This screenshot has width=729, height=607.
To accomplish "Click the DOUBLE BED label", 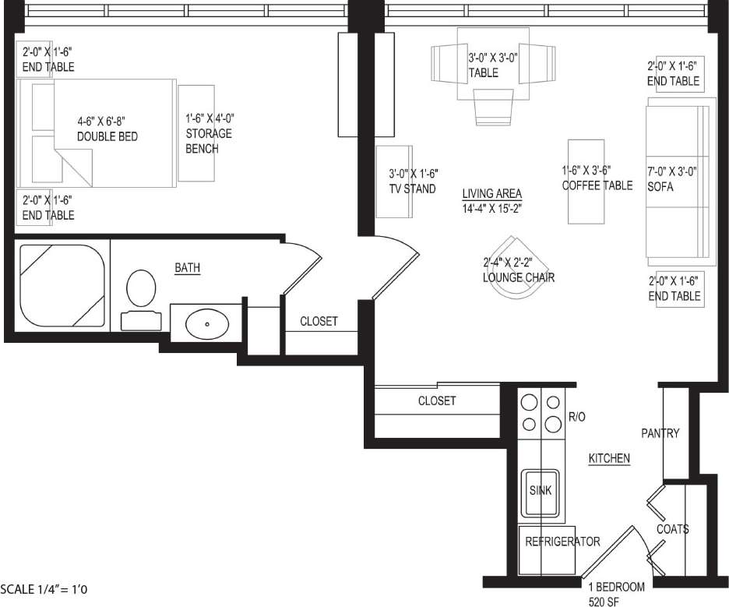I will [107, 136].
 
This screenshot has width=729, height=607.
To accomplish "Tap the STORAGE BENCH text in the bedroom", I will [209, 133].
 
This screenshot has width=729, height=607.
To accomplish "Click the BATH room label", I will [187, 268].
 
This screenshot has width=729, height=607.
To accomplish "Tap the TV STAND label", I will [412, 189].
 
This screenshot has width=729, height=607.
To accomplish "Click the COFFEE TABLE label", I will [597, 185].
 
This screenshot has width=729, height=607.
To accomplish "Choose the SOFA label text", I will [660, 187].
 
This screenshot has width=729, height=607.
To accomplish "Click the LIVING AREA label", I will [491, 194].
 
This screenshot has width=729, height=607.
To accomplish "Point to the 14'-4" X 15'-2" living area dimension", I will [491, 208].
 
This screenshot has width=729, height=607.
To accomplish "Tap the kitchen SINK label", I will [541, 491].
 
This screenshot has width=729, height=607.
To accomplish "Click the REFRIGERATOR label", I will [562, 542].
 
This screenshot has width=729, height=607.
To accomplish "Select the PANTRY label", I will [660, 433].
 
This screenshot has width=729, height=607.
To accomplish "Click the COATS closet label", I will [672, 529].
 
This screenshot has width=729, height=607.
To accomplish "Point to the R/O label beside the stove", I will [576, 417].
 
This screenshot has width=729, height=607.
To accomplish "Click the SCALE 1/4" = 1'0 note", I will [44, 590].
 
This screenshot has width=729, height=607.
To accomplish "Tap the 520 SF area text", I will [604, 601].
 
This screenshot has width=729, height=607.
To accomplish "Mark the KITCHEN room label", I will [608, 459].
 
